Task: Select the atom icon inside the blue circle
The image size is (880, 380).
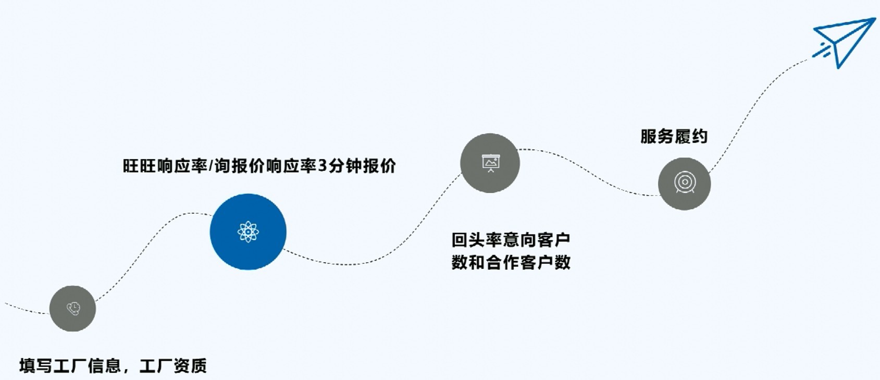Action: pos(248,232)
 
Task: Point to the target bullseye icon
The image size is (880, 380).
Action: pos(685,183)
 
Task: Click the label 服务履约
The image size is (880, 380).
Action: pos(674,137)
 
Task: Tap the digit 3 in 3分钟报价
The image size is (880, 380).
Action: pos(323,166)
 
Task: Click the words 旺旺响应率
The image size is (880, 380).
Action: pos(165,166)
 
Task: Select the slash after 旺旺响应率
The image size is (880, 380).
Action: pos(211,166)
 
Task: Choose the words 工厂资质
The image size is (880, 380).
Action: pos(173,365)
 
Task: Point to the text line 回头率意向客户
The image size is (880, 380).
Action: pos(511,240)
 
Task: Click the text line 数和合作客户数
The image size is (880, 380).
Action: pos(511,262)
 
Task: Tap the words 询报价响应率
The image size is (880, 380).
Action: pos(265,166)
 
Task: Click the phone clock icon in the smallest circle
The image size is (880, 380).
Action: pos(73,309)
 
